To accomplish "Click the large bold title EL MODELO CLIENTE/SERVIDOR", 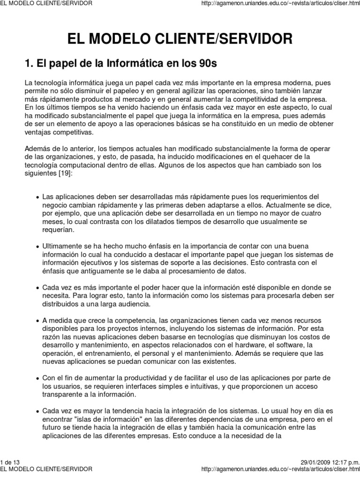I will (180, 38).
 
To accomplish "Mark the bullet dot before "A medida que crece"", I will (37, 320).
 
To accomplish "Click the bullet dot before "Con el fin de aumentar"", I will (37, 378).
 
